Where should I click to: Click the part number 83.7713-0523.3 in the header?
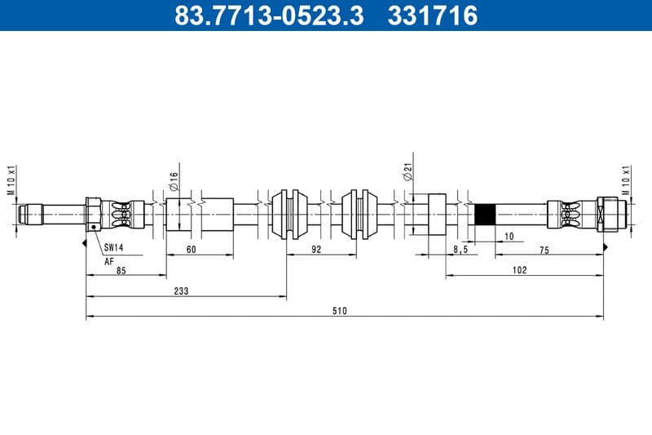270,15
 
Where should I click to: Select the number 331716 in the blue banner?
434,15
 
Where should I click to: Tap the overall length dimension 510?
340,311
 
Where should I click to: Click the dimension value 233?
181,291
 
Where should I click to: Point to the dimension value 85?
121,269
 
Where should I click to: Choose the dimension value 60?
191,250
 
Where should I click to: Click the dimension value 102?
519,269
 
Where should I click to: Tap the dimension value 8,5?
460,250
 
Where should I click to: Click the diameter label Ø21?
407,172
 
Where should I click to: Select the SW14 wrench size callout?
113,247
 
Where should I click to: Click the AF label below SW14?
108,261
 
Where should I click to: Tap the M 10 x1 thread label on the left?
12,181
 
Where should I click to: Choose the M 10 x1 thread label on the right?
626,181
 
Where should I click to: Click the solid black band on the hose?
485,215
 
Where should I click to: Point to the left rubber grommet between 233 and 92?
289,215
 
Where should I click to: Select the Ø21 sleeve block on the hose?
436,215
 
